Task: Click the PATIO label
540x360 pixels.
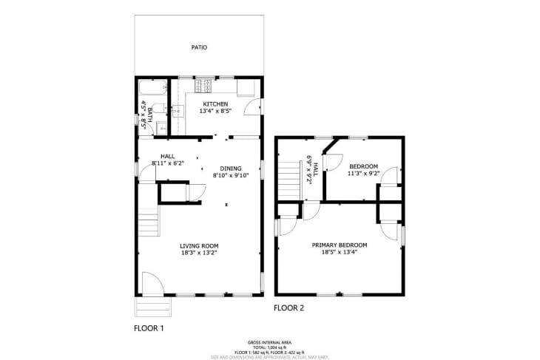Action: click(x=199, y=47)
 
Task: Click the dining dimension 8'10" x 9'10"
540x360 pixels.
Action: click(x=232, y=176)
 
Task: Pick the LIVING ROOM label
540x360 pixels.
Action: click(x=199, y=246)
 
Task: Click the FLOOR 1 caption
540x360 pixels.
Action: click(x=148, y=327)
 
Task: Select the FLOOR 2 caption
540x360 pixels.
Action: click(x=288, y=308)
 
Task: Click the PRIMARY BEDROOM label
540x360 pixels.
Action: click(x=340, y=245)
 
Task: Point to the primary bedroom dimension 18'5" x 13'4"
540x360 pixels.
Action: click(x=340, y=253)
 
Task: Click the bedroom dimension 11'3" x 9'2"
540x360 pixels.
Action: click(x=363, y=174)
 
